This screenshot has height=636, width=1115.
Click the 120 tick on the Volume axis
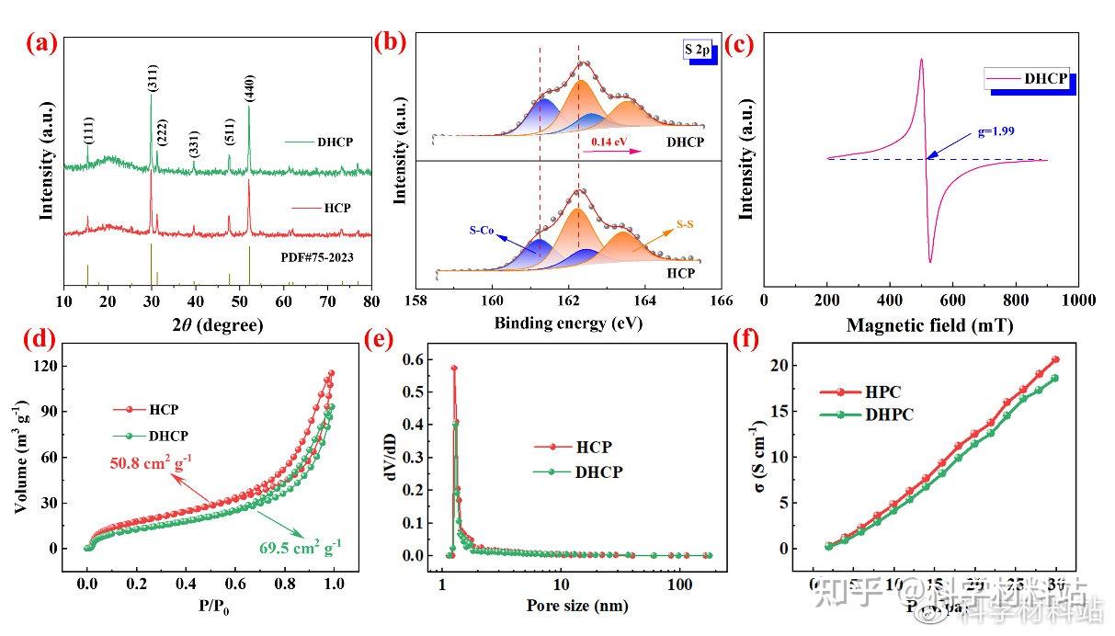(x=45, y=366)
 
